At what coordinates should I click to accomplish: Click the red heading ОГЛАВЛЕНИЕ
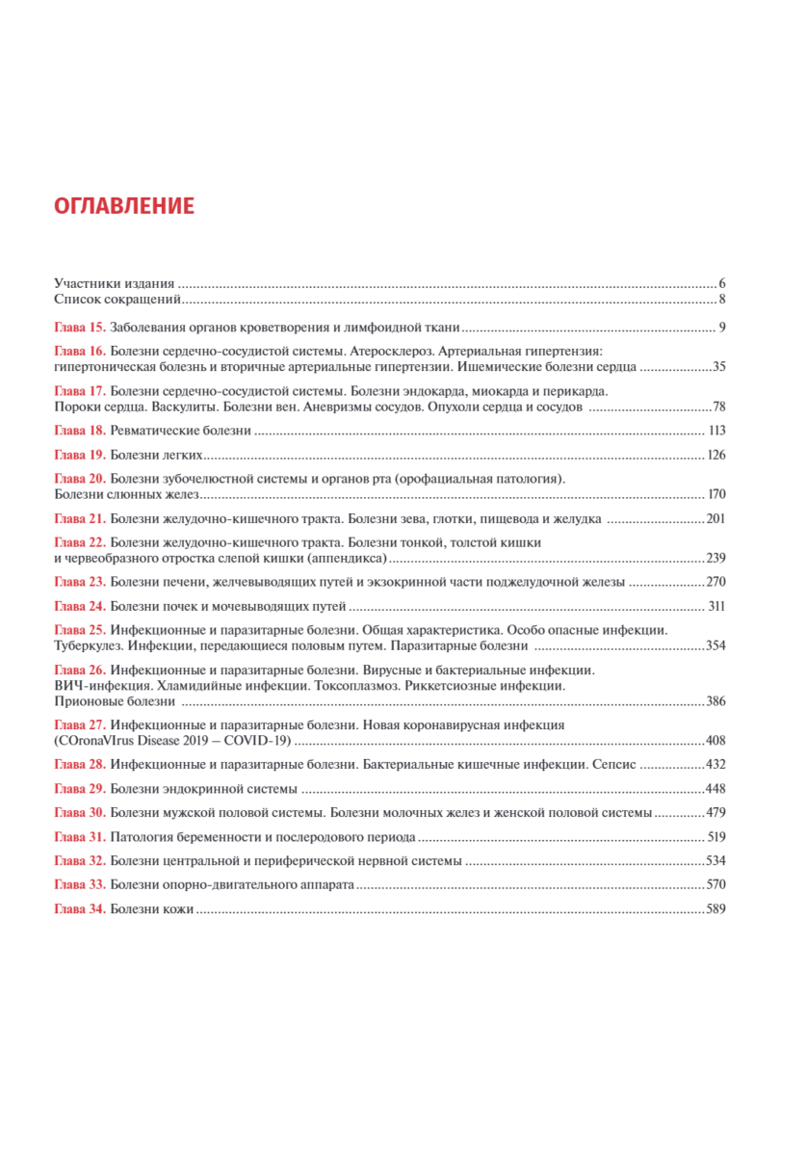[124, 206]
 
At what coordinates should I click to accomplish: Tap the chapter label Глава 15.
[80, 328]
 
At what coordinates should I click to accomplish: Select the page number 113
[715, 431]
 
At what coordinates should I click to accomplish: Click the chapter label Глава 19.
[80, 455]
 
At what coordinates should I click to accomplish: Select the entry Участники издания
[115, 283]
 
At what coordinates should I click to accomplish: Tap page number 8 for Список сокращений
[721, 300]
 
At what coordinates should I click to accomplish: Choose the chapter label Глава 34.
[80, 908]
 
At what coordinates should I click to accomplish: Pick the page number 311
[715, 606]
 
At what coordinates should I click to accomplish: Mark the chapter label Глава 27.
[80, 723]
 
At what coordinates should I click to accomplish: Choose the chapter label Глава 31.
[80, 836]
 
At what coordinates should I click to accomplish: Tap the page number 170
[715, 494]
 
